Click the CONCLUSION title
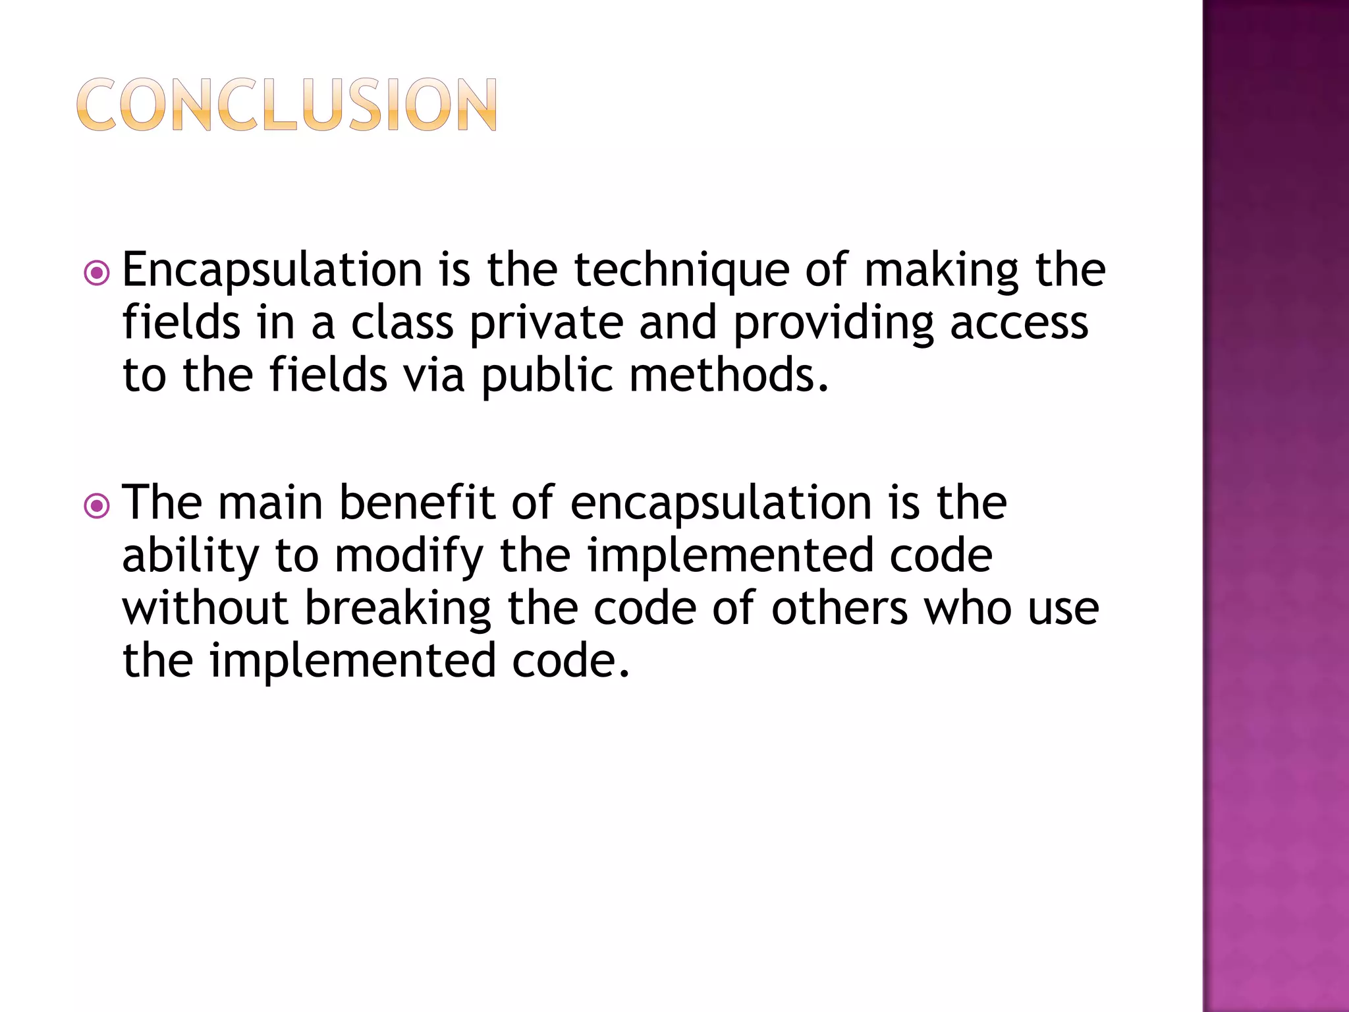[287, 105]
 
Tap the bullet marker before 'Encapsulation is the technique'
[97, 273]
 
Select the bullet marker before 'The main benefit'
[97, 505]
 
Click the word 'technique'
[681, 270]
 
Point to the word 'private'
[546, 323]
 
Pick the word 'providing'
[833, 323]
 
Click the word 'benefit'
[417, 503]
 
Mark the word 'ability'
[190, 555]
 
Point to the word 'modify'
[409, 555]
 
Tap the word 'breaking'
[397, 608]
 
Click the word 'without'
[205, 608]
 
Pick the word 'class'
[402, 323]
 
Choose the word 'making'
[941, 270]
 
